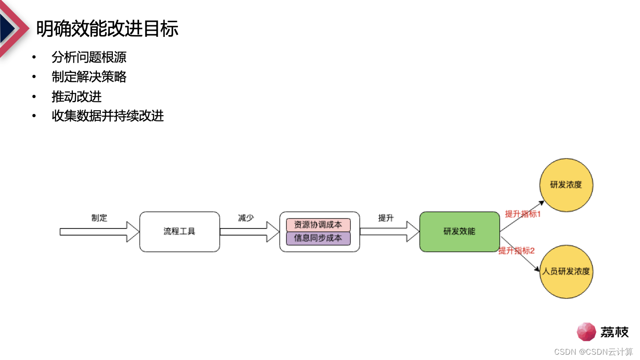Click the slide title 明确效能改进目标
[x=107, y=29]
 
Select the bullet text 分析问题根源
[x=89, y=57]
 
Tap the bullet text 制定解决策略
[x=89, y=77]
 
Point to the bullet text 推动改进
[x=76, y=96]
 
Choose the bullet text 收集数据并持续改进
[x=108, y=116]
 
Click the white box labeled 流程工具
[x=180, y=232]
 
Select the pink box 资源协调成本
[x=318, y=225]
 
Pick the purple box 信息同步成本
[x=318, y=238]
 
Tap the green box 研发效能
[x=460, y=232]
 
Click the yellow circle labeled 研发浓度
[x=566, y=184]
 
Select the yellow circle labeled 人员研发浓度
[x=566, y=271]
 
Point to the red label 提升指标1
[x=523, y=214]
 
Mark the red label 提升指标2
[x=516, y=251]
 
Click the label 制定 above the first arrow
[x=100, y=218]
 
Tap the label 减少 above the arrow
[x=246, y=218]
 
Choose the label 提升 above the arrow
[x=386, y=218]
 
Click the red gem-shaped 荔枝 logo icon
[x=586, y=332]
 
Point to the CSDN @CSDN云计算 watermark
[x=593, y=352]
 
